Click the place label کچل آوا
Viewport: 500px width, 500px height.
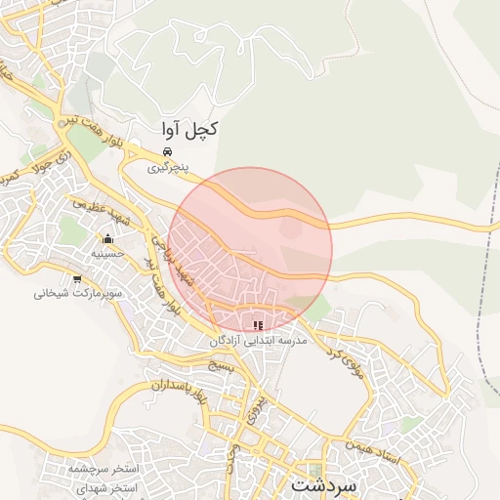(189, 130)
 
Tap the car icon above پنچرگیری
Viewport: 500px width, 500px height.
(168, 152)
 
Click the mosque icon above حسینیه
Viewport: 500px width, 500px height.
(107, 239)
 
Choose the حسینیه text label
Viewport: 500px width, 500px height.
(106, 254)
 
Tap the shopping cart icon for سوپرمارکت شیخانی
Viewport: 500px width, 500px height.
(77, 279)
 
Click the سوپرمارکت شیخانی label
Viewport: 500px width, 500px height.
(77, 294)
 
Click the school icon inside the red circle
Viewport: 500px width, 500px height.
(258, 325)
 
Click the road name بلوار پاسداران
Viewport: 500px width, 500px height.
(180, 391)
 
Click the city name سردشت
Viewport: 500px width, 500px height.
(325, 484)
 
